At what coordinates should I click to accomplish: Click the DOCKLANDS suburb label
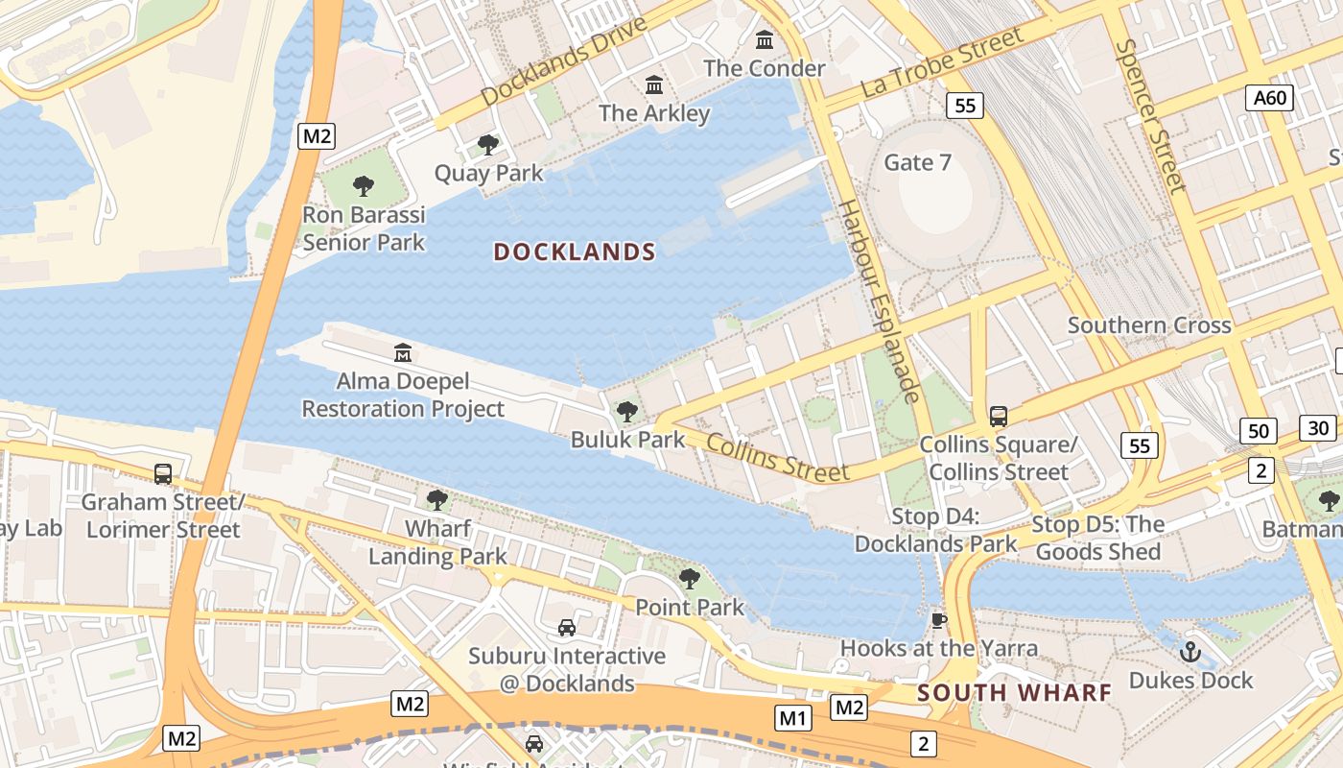click(x=574, y=252)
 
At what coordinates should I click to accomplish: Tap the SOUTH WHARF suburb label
click(x=1014, y=692)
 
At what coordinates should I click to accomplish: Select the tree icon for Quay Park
click(x=487, y=145)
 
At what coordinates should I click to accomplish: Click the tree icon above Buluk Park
click(x=627, y=412)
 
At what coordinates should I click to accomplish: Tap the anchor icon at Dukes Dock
click(x=1190, y=652)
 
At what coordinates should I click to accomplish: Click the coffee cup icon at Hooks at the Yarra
click(x=939, y=621)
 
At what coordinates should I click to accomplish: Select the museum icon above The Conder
click(x=765, y=40)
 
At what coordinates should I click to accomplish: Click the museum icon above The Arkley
click(x=654, y=85)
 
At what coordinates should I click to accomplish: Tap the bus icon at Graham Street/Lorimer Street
click(x=163, y=473)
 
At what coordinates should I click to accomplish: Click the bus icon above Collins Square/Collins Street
click(x=998, y=417)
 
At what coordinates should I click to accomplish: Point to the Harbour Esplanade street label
click(x=880, y=301)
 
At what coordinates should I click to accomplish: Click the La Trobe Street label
click(x=942, y=62)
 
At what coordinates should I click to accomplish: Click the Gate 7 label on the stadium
click(x=917, y=162)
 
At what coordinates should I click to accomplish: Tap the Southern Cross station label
click(x=1148, y=325)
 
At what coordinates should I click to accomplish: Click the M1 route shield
click(x=793, y=717)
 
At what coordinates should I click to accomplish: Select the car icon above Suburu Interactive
click(x=567, y=628)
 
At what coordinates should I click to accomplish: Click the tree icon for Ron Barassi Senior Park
click(x=363, y=186)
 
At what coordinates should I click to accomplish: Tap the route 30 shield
click(x=1318, y=428)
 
